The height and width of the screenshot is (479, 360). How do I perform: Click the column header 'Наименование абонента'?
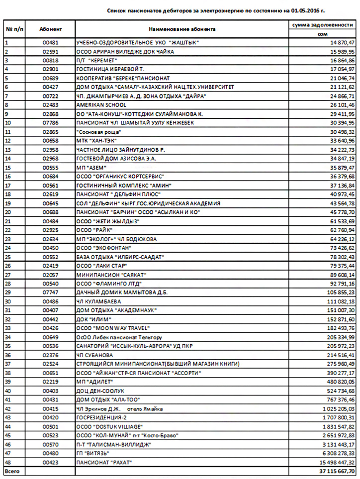point(182,29)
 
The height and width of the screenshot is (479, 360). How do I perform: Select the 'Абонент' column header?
point(51,29)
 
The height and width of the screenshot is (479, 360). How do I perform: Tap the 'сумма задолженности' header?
point(322,24)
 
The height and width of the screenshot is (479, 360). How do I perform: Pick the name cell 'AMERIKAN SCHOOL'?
point(101,105)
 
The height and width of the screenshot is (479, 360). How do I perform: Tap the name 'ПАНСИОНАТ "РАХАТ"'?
point(104,462)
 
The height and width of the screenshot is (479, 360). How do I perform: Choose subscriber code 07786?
point(51,122)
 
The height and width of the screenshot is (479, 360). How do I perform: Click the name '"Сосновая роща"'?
point(99,131)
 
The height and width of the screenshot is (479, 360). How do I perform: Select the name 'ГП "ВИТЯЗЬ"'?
point(92,453)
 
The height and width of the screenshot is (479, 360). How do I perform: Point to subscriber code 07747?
point(51,292)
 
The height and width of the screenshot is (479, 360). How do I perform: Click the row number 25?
point(7,257)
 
